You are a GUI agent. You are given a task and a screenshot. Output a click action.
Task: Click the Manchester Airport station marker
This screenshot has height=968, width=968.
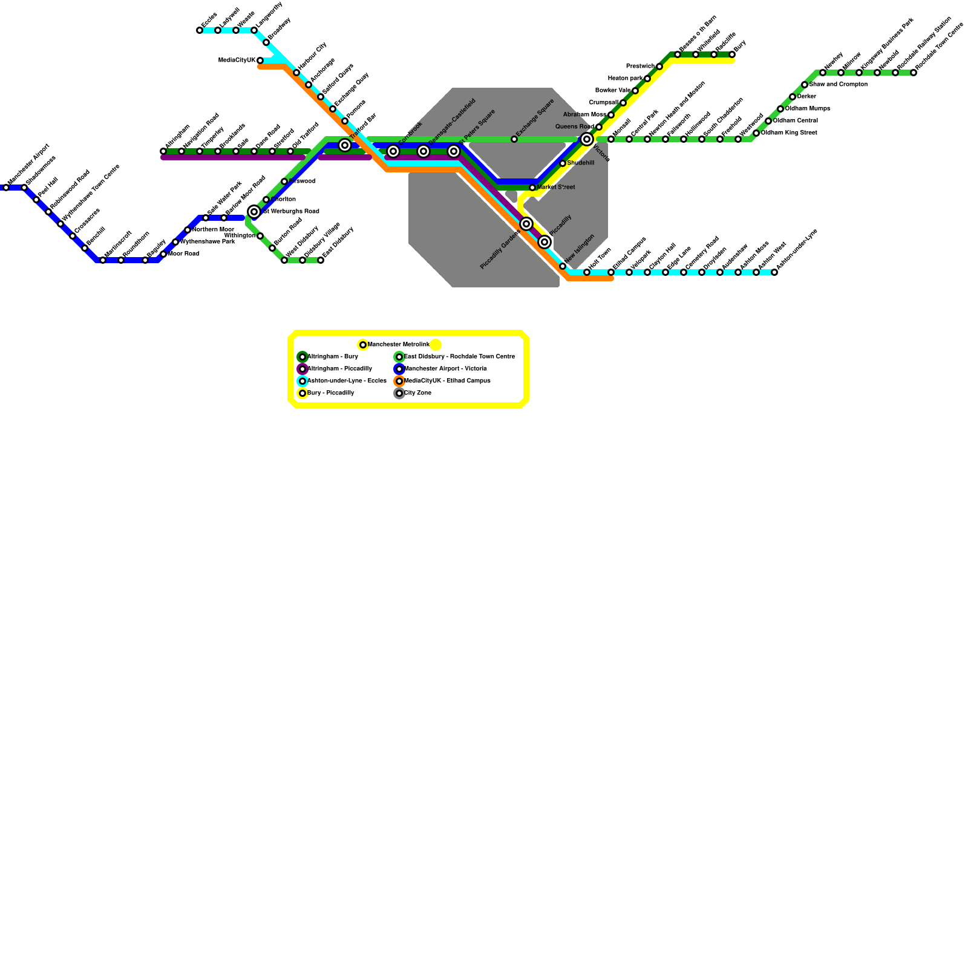[6, 188]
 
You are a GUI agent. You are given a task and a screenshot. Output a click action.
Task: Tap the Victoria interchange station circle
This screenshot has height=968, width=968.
[587, 140]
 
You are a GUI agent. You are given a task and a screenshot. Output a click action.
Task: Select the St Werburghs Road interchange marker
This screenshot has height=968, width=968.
[254, 212]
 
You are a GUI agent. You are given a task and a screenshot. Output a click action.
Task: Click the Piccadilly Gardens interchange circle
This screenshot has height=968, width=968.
[526, 224]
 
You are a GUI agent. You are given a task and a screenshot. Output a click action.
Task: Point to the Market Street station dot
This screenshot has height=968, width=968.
[532, 188]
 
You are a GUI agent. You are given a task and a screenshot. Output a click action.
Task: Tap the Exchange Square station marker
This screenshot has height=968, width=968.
[514, 140]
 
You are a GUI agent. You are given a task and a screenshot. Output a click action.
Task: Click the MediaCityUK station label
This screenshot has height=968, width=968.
[237, 60]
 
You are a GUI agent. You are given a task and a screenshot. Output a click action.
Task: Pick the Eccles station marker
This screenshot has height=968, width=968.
[200, 30]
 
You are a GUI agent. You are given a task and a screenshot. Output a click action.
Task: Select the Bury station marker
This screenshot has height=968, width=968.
[732, 54]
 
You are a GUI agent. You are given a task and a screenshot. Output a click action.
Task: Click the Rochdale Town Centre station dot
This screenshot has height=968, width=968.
[914, 73]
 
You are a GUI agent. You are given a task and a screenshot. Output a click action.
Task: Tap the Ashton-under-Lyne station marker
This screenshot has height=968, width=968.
[774, 272]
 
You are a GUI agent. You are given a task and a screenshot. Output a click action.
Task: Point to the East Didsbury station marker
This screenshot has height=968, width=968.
[321, 260]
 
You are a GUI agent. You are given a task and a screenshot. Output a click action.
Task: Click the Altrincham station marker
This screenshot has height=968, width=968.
[163, 151]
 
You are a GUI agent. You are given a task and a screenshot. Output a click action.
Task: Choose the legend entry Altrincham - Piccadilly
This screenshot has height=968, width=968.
[339, 369]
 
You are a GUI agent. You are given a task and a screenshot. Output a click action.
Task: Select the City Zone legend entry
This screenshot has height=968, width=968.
[417, 393]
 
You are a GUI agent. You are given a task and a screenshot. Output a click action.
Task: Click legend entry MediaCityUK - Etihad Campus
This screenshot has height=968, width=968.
[446, 381]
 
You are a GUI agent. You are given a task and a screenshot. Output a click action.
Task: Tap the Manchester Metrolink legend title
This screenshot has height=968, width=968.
[398, 345]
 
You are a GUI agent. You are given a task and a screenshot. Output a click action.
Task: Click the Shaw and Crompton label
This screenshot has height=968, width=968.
[838, 85]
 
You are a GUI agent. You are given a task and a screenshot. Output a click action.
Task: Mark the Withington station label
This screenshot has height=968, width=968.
[240, 236]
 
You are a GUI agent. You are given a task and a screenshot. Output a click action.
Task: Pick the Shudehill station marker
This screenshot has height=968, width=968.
[563, 163]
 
